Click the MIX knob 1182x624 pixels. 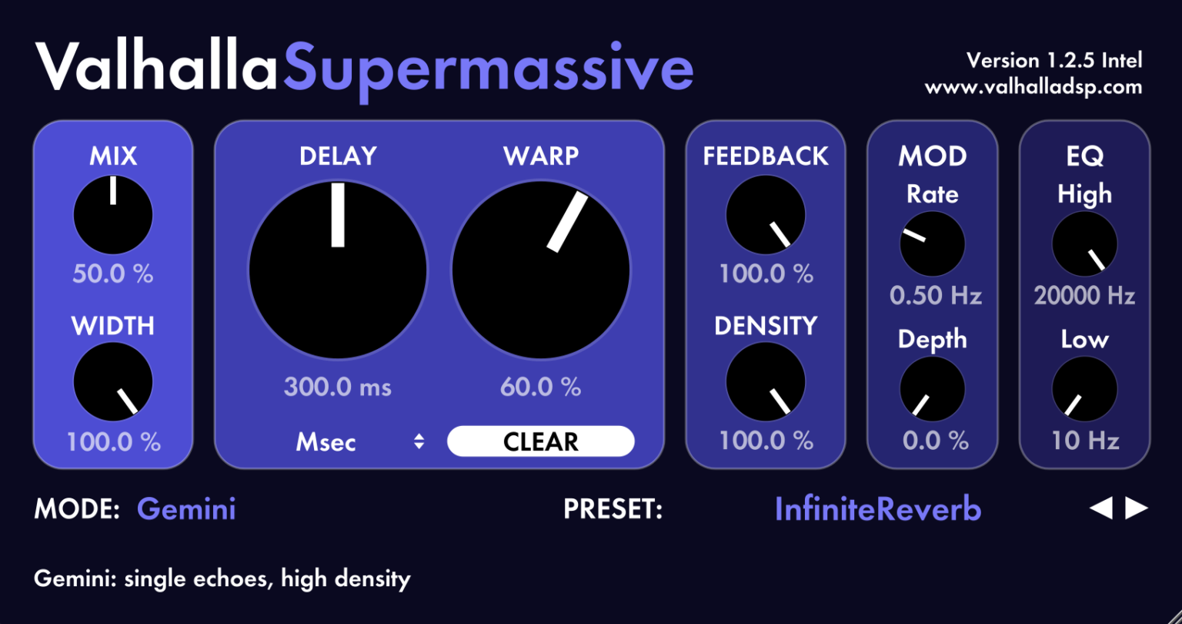click(x=113, y=215)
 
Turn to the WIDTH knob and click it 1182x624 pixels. click(x=113, y=382)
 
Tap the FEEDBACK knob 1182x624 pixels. click(x=766, y=215)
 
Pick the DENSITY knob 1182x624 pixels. click(x=766, y=382)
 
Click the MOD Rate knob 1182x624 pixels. click(x=932, y=243)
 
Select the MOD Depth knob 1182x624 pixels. click(x=932, y=389)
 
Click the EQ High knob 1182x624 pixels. click(x=1084, y=243)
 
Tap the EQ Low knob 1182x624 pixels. click(x=1084, y=389)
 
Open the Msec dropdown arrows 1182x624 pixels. click(x=419, y=441)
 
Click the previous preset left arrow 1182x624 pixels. click(x=1101, y=508)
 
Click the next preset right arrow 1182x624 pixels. click(x=1137, y=508)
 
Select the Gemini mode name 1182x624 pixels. click(x=186, y=509)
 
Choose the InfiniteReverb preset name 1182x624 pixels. click(x=878, y=509)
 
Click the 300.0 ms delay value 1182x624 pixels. click(x=337, y=386)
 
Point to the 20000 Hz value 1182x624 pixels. click(x=1084, y=295)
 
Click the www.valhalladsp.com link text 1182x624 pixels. click(x=1033, y=87)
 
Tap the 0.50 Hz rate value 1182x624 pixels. click(x=935, y=295)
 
